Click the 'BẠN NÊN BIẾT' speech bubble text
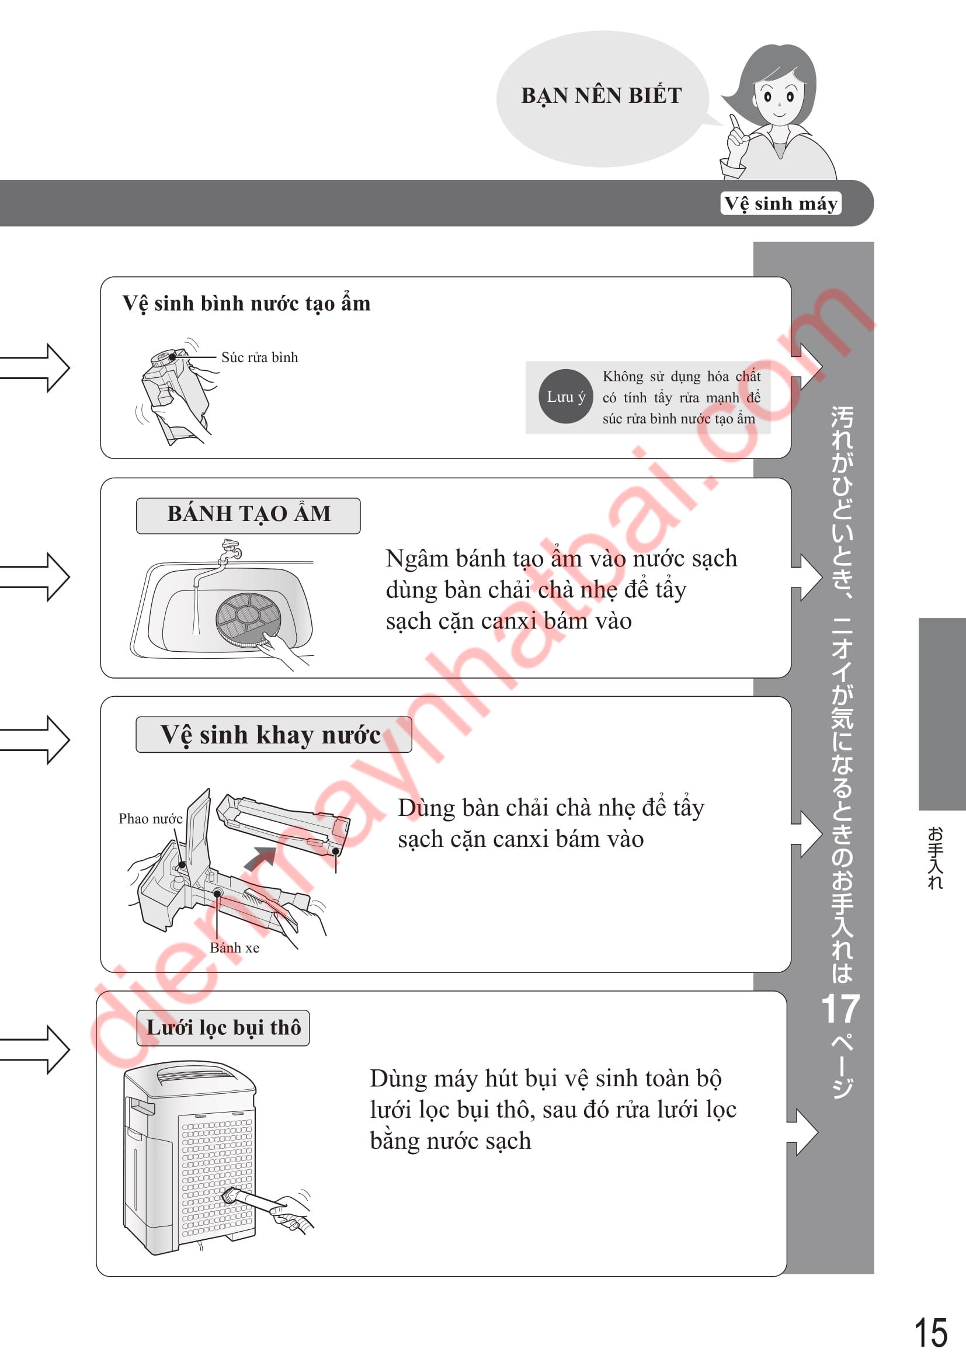(x=601, y=95)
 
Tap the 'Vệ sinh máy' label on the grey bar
(x=780, y=203)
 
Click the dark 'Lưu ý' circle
(x=566, y=396)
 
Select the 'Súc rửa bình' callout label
(x=259, y=357)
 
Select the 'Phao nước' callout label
(x=150, y=819)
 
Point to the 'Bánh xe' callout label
(x=234, y=948)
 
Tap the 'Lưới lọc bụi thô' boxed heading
(x=223, y=1027)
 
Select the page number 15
(x=930, y=1333)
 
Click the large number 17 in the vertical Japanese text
(x=840, y=1009)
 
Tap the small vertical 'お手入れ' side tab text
(x=935, y=857)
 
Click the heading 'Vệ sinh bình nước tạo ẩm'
(x=246, y=304)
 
